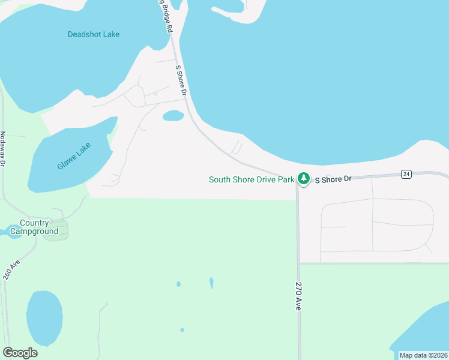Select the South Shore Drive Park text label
pos(252,179)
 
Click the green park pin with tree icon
pos(304,179)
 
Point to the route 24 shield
pos(406,174)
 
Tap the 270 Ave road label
pos(297,296)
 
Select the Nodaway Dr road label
pos(3,148)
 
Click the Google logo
pos(20,352)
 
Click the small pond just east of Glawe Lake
pos(173,115)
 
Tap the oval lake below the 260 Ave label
pos(44,317)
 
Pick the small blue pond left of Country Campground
pos(13,231)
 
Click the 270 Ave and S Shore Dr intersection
pos(297,179)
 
